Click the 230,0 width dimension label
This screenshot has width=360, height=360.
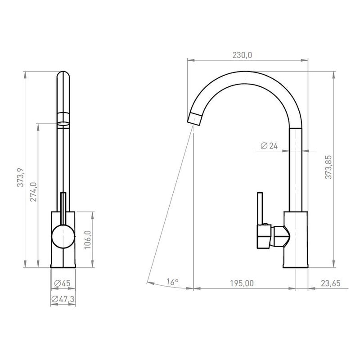(x=242, y=55)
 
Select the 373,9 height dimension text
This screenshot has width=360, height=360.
(x=20, y=177)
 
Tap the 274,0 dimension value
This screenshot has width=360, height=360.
(x=33, y=192)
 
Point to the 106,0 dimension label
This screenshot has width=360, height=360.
(x=88, y=240)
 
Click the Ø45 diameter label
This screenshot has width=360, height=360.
(x=62, y=283)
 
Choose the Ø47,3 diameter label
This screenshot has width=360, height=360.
(x=63, y=299)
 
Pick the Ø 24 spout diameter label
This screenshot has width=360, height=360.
(x=269, y=145)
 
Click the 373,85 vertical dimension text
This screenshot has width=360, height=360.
(x=328, y=167)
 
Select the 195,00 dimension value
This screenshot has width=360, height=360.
(x=242, y=283)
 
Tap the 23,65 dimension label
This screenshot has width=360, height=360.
(x=331, y=283)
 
